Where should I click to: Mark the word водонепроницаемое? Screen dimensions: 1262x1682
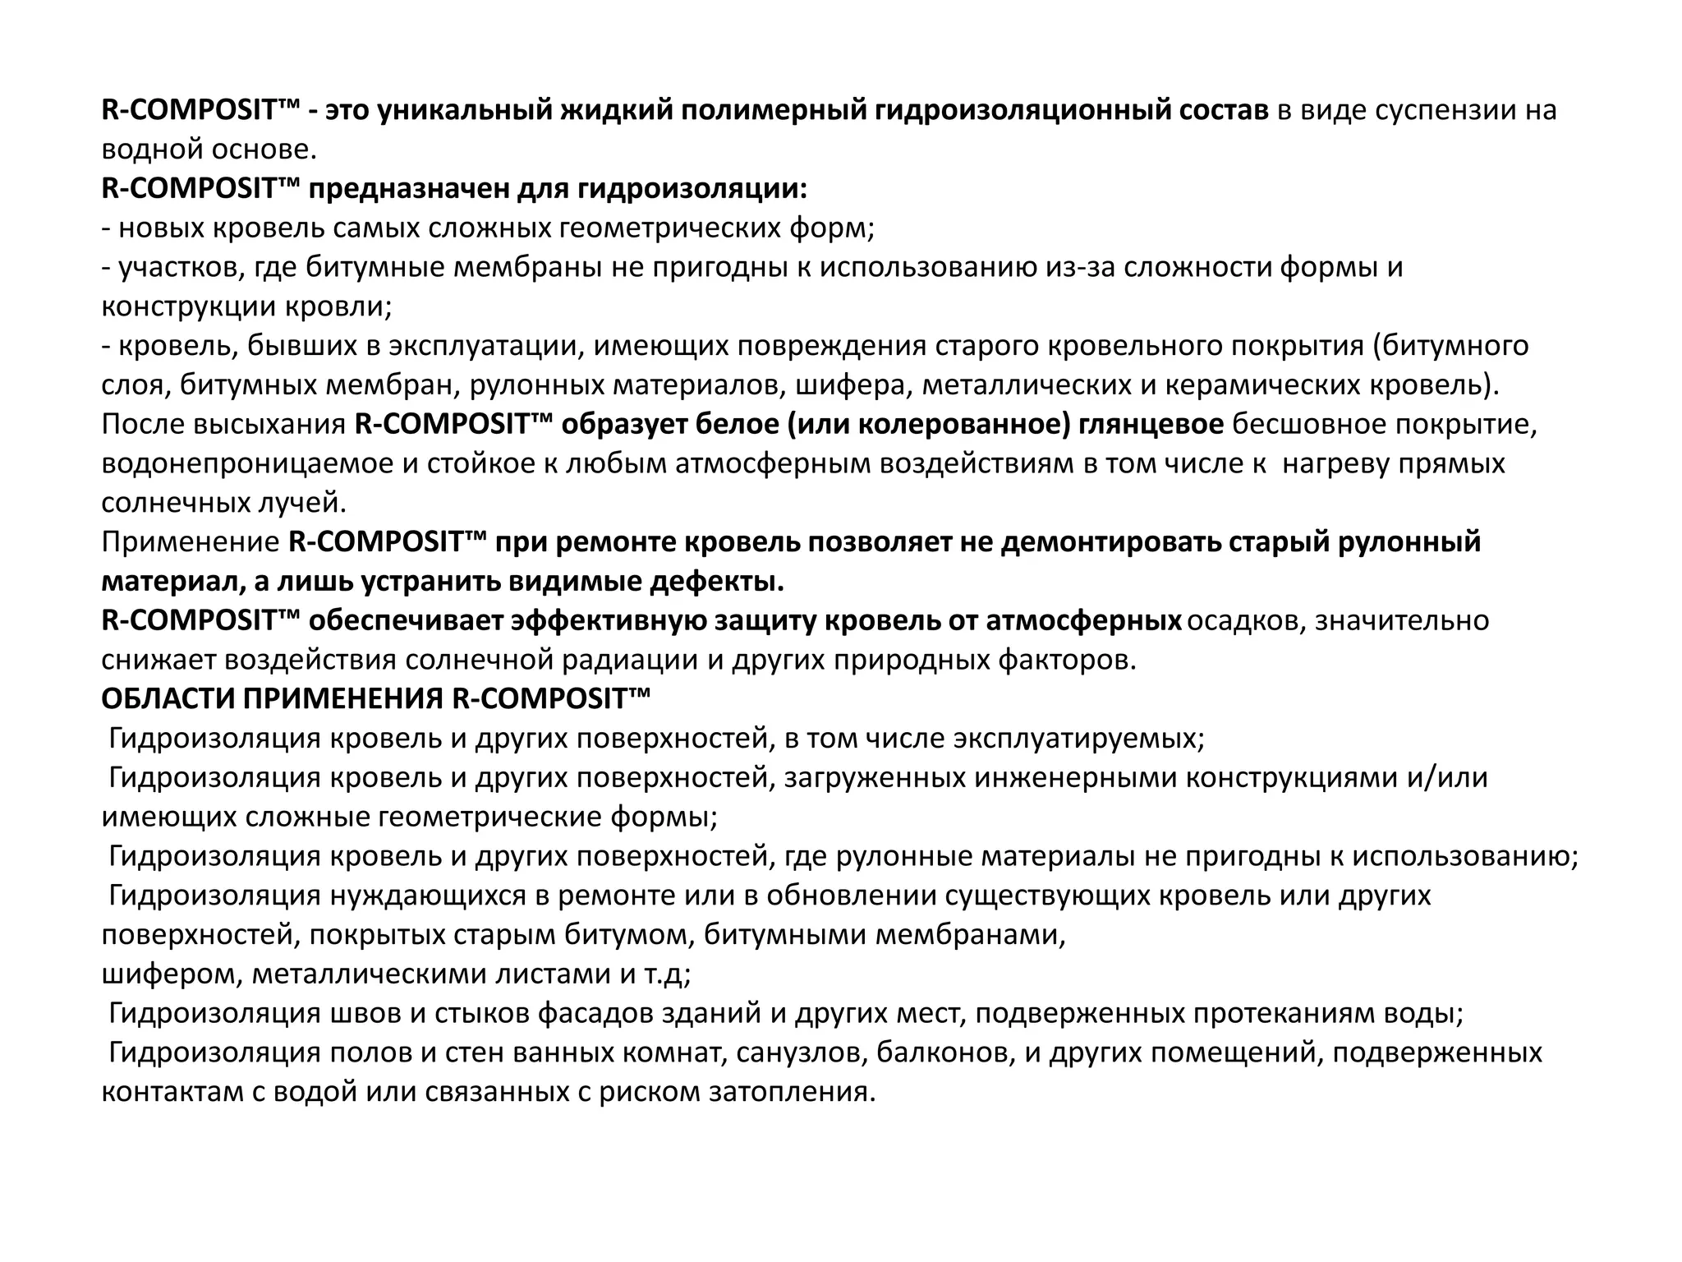(x=246, y=464)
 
